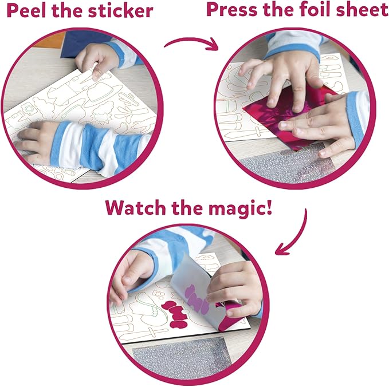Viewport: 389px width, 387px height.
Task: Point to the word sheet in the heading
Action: (362, 9)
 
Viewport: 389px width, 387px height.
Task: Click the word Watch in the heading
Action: (136, 207)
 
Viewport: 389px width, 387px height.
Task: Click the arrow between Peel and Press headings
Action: (191, 42)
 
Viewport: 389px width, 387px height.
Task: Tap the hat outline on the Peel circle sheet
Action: (104, 91)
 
